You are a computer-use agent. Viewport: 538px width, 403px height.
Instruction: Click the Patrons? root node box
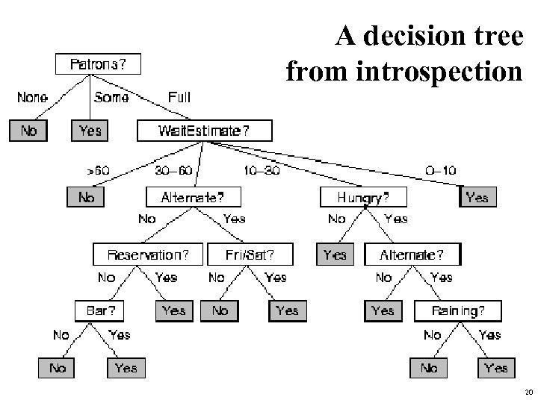click(x=98, y=63)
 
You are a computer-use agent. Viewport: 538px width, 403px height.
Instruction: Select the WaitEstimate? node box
click(x=204, y=131)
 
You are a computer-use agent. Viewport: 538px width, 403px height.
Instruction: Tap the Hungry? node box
click(x=364, y=197)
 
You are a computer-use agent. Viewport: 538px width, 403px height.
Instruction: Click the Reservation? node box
click(x=147, y=254)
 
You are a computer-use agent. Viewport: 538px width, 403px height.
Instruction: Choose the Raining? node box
click(x=457, y=310)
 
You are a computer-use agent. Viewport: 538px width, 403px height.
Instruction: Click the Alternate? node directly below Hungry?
click(x=412, y=254)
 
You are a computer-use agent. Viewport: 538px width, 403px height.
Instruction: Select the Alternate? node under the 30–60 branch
click(x=192, y=197)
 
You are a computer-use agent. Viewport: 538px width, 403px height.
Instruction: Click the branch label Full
click(x=179, y=98)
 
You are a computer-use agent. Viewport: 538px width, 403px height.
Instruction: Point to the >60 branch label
click(x=98, y=170)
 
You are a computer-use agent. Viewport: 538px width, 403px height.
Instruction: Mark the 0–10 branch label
click(x=440, y=170)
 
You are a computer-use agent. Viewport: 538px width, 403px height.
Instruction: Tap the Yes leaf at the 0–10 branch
click(x=477, y=197)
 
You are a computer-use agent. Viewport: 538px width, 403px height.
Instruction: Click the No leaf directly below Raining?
click(x=429, y=368)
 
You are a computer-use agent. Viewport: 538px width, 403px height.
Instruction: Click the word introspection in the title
click(x=404, y=72)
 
